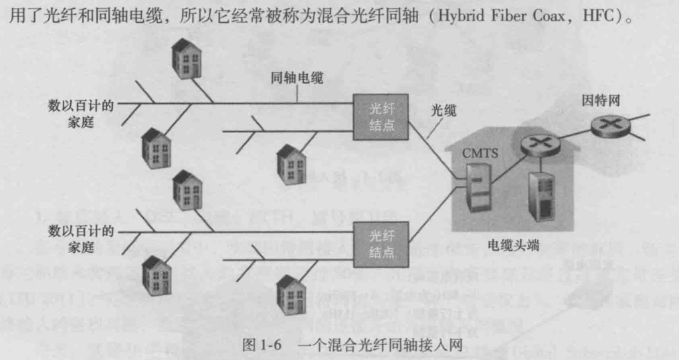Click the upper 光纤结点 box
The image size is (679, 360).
click(x=381, y=118)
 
